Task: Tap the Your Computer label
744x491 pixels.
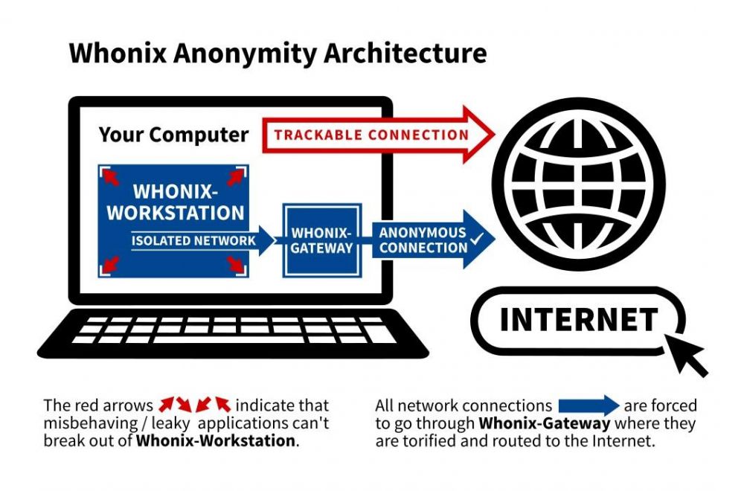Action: [173, 135]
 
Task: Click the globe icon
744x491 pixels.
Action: [578, 184]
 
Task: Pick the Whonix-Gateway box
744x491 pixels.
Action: [321, 240]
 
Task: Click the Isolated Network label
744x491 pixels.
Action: [193, 240]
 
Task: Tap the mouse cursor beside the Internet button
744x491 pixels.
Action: [689, 355]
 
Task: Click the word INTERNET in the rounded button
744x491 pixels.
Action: [578, 319]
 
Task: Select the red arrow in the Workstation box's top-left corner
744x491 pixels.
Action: [110, 177]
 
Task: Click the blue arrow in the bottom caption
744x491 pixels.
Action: [589, 405]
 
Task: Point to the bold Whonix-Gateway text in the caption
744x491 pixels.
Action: [545, 424]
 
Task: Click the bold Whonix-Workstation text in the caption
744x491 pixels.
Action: [216, 440]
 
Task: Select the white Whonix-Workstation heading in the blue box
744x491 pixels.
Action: [175, 201]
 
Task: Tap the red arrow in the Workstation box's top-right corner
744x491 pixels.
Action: [236, 177]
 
